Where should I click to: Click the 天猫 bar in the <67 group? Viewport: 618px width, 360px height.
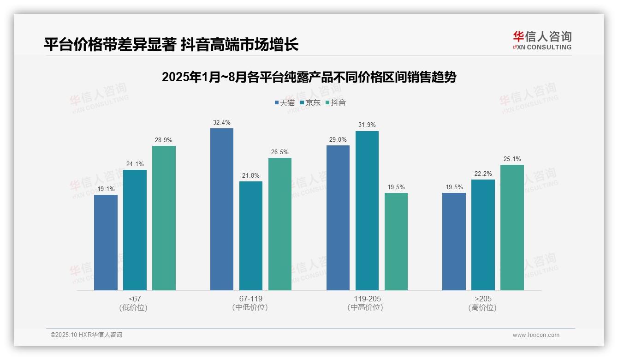[106, 242]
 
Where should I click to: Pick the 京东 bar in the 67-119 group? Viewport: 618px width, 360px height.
[251, 235]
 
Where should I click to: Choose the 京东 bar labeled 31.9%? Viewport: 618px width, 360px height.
[367, 210]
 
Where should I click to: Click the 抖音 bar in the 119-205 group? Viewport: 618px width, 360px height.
[396, 241]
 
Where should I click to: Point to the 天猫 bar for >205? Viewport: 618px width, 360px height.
[454, 241]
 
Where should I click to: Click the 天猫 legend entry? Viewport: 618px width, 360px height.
[285, 103]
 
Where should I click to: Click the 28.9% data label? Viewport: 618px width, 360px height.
[164, 140]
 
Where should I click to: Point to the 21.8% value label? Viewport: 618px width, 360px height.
[251, 175]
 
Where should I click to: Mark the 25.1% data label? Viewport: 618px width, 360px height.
[512, 159]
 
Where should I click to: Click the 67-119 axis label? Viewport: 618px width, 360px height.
[251, 299]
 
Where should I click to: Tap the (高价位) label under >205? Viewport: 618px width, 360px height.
[482, 308]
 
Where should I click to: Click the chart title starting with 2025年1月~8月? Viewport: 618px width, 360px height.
[309, 77]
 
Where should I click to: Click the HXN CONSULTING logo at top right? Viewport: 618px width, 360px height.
[542, 41]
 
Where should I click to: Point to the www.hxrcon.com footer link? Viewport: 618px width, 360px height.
[536, 335]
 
